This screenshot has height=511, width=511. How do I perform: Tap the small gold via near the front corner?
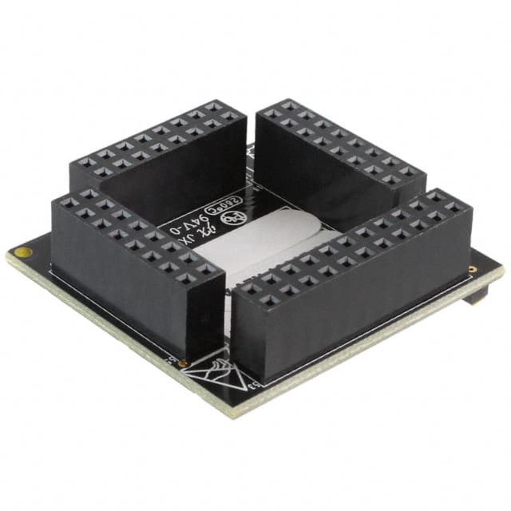pyautogui.click(x=185, y=363)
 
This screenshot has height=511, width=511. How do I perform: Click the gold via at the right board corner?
pyautogui.click(x=473, y=269)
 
